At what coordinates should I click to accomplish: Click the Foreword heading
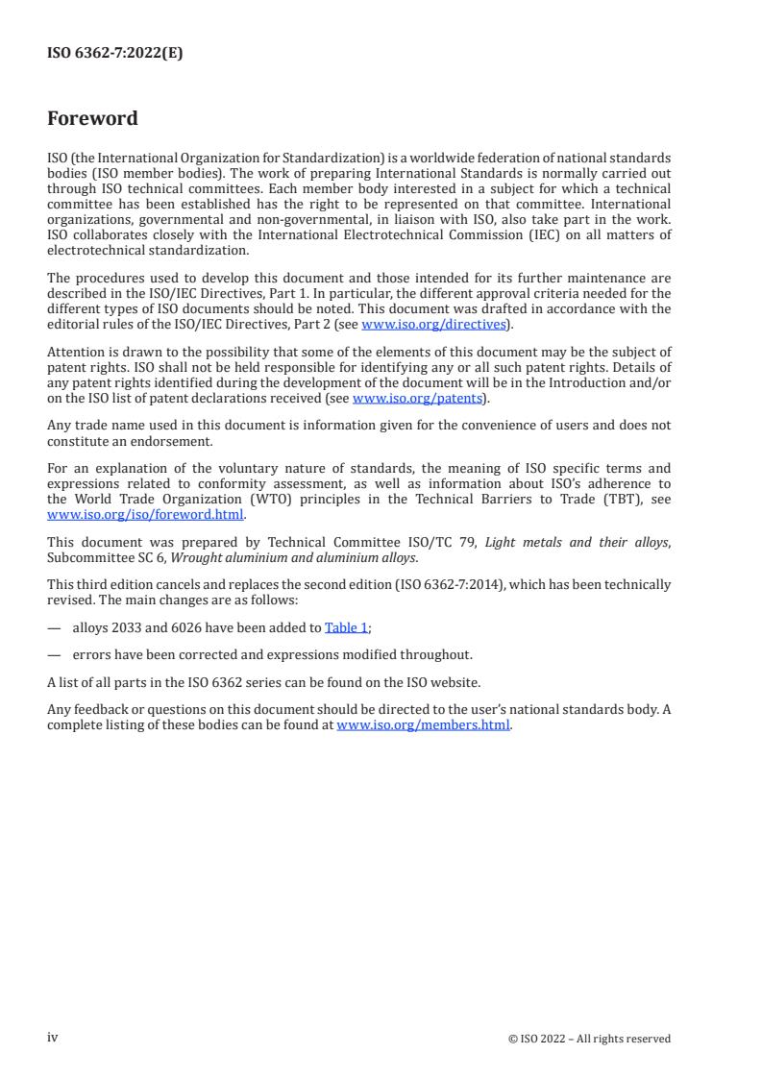(92, 119)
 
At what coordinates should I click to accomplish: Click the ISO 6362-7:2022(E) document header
(114, 54)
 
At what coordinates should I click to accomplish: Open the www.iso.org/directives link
(433, 324)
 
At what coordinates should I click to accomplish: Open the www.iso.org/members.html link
(423, 725)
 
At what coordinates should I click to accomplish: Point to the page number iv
(53, 1038)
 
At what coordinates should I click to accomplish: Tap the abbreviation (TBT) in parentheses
(596, 500)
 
